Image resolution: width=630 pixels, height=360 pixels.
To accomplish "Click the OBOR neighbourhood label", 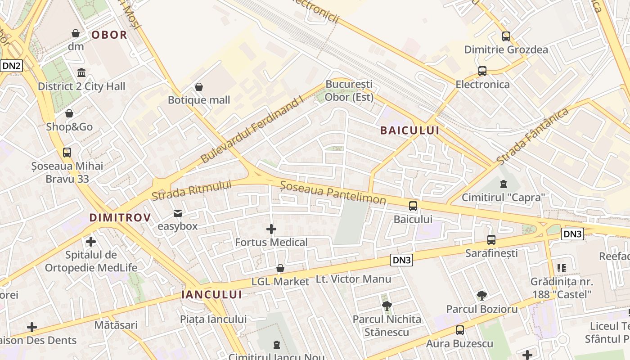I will click(109, 35).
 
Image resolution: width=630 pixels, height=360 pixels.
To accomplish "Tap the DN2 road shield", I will click(11, 66).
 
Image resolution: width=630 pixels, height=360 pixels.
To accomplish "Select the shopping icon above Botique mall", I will click(199, 86).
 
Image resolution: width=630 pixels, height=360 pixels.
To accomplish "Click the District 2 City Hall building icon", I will click(81, 72).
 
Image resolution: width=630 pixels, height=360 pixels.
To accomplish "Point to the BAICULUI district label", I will click(409, 130).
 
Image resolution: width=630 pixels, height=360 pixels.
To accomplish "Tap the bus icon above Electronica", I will click(482, 71).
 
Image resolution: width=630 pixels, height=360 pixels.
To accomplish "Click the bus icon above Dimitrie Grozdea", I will click(506, 36).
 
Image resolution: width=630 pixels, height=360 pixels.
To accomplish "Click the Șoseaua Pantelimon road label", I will click(333, 192).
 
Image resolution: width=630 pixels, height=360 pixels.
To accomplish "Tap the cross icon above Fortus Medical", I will click(271, 229).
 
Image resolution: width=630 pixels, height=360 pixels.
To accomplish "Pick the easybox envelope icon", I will click(178, 212).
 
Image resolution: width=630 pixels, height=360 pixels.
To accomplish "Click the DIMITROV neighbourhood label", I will click(120, 218).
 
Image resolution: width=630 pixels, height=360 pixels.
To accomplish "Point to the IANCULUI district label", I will click(211, 295).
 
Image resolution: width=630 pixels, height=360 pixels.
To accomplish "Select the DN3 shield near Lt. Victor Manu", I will click(401, 260).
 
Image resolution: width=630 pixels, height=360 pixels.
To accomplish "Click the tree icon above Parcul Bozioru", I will click(482, 296).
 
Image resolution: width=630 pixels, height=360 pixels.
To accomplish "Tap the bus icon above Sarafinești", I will click(491, 239).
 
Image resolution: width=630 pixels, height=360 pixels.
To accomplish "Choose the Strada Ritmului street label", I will click(191, 190).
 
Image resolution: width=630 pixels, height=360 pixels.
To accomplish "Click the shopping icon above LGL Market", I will click(280, 268).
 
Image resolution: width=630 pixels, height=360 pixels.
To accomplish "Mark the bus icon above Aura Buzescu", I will click(460, 330).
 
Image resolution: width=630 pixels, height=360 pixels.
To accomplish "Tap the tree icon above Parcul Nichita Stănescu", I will click(387, 306).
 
